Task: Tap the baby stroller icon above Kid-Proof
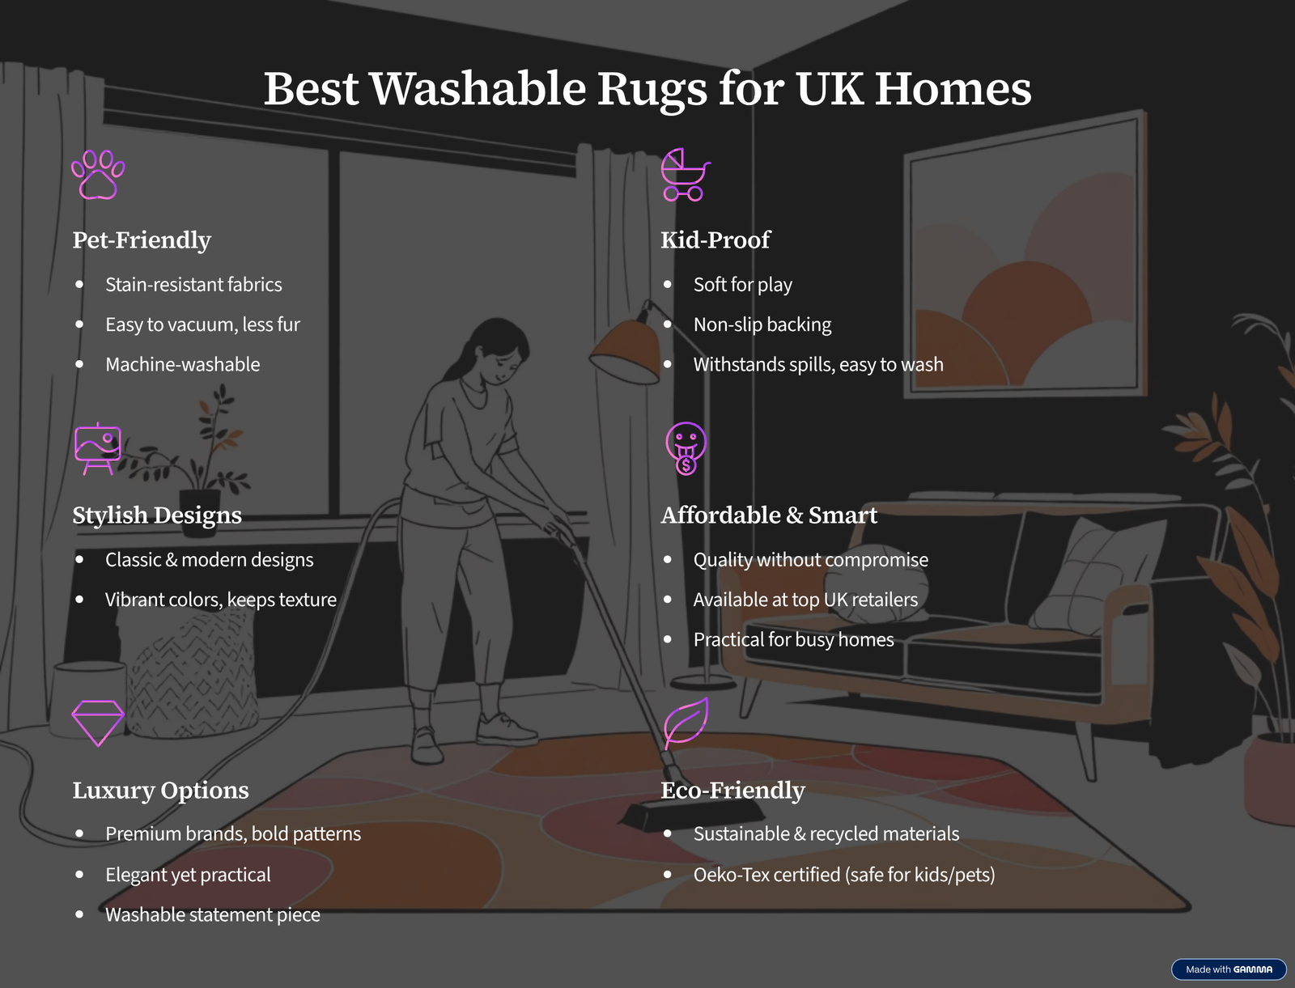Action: point(685,175)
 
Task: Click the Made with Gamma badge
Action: point(1229,969)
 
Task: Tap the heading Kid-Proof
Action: point(715,240)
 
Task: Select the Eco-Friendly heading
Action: point(732,791)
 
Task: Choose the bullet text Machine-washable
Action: point(182,364)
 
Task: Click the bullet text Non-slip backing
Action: point(762,324)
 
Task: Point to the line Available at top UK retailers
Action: point(805,600)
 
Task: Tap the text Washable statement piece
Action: point(212,915)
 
